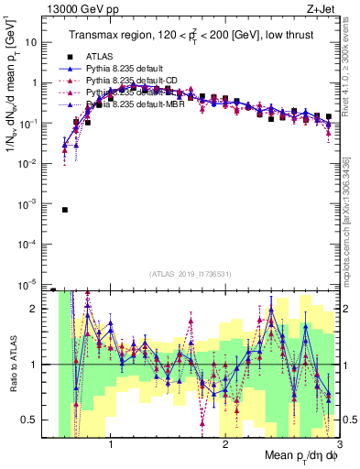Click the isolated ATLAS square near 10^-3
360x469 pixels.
(65, 210)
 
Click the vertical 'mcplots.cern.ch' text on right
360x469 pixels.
(352, 220)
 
